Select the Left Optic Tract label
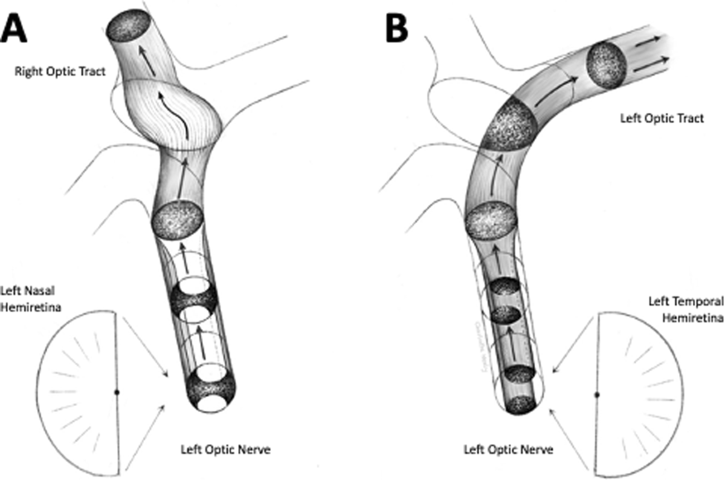point(662,119)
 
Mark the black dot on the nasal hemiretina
point(117,393)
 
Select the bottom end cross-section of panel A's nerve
point(210,390)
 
